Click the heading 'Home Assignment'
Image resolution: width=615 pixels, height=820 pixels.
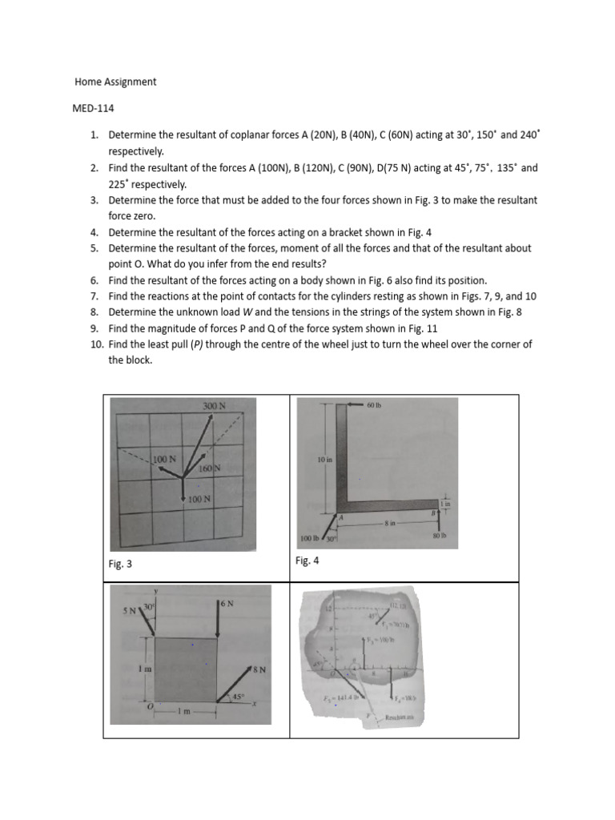tap(115, 82)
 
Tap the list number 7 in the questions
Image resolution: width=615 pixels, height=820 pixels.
tap(94, 295)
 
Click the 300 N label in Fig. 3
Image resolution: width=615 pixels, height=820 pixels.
tap(214, 407)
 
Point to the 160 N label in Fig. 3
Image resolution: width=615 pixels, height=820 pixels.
tap(210, 468)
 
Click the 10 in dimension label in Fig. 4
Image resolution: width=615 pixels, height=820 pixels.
tap(324, 460)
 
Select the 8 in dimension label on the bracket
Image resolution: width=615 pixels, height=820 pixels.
tap(390, 522)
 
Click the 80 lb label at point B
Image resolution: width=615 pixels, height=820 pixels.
tap(438, 535)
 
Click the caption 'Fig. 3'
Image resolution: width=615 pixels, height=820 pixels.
tap(119, 565)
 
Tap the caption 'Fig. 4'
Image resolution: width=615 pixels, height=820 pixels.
tap(307, 561)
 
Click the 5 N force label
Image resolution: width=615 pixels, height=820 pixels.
tap(129, 610)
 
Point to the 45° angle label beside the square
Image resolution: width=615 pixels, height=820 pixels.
tap(237, 697)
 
